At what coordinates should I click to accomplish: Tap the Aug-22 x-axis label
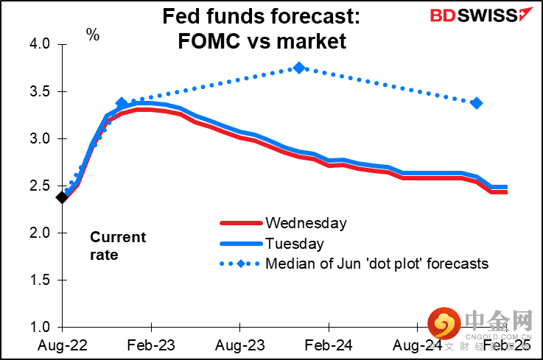[62, 345]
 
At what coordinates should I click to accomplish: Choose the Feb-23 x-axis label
[151, 345]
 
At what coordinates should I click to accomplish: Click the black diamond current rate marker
[62, 197]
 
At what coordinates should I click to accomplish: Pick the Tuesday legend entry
[295, 243]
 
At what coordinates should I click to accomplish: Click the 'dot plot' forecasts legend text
[376, 263]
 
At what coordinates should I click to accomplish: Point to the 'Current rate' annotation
[118, 246]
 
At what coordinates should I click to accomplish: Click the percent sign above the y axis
[93, 34]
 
